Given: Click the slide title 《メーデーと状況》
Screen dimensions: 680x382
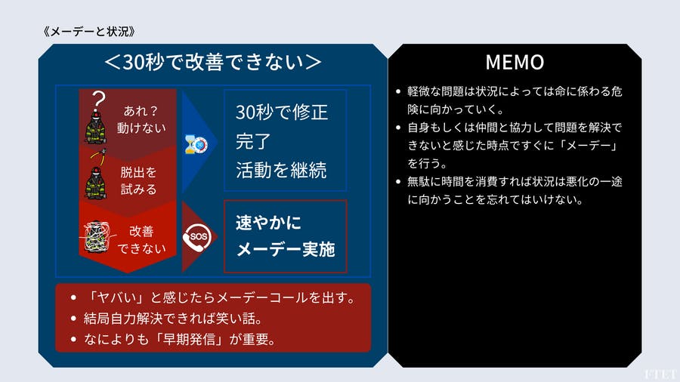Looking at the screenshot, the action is (89, 31).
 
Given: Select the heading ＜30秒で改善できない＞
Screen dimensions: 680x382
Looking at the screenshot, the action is (213, 62).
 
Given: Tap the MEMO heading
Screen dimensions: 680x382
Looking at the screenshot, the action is (515, 62).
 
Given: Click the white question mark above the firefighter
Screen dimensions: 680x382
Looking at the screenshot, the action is (98, 99).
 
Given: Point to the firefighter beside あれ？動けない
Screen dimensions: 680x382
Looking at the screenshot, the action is (95, 128).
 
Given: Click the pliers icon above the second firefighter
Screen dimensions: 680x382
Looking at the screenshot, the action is (99, 157).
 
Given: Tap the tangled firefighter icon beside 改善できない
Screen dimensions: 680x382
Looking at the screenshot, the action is (97, 236).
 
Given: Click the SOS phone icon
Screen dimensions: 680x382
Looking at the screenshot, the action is (197, 237).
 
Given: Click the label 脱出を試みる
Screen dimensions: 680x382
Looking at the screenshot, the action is (138, 180).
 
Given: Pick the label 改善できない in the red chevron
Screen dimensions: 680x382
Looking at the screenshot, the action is (141, 239).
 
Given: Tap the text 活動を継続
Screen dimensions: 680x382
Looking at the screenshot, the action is (281, 170).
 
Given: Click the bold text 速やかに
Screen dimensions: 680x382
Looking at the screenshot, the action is (268, 223).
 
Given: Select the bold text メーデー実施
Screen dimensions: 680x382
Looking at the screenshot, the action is (286, 249).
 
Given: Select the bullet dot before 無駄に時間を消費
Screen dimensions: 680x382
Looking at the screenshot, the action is (398, 181).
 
